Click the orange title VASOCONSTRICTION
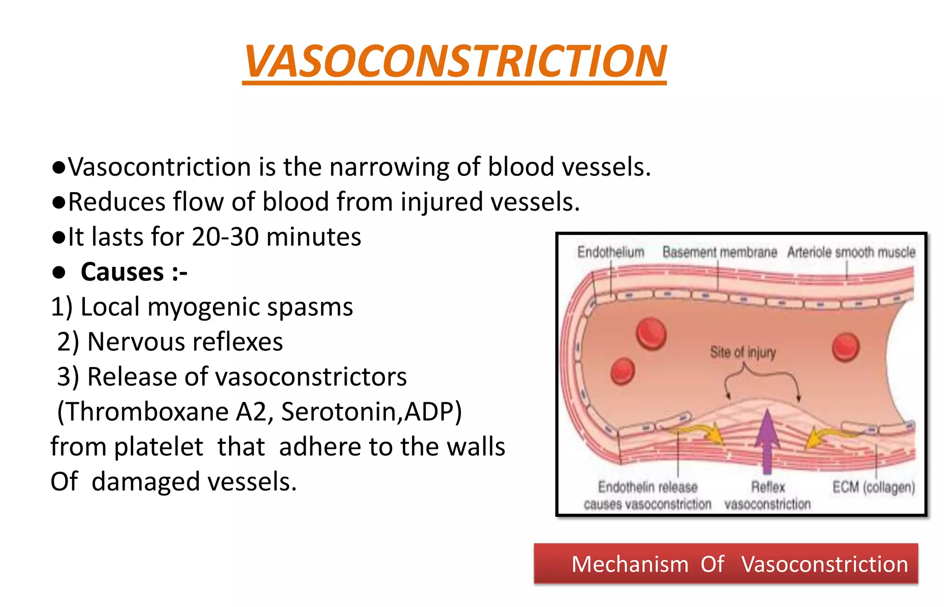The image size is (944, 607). (454, 62)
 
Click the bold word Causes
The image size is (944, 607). (122, 272)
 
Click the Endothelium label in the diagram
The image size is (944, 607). (610, 252)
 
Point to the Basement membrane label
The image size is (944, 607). (720, 252)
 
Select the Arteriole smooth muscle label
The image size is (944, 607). (851, 252)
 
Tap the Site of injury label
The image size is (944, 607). (743, 353)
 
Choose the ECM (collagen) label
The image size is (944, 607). (873, 487)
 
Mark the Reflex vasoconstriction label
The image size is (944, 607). (767, 495)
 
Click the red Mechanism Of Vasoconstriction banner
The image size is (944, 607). (726, 564)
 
